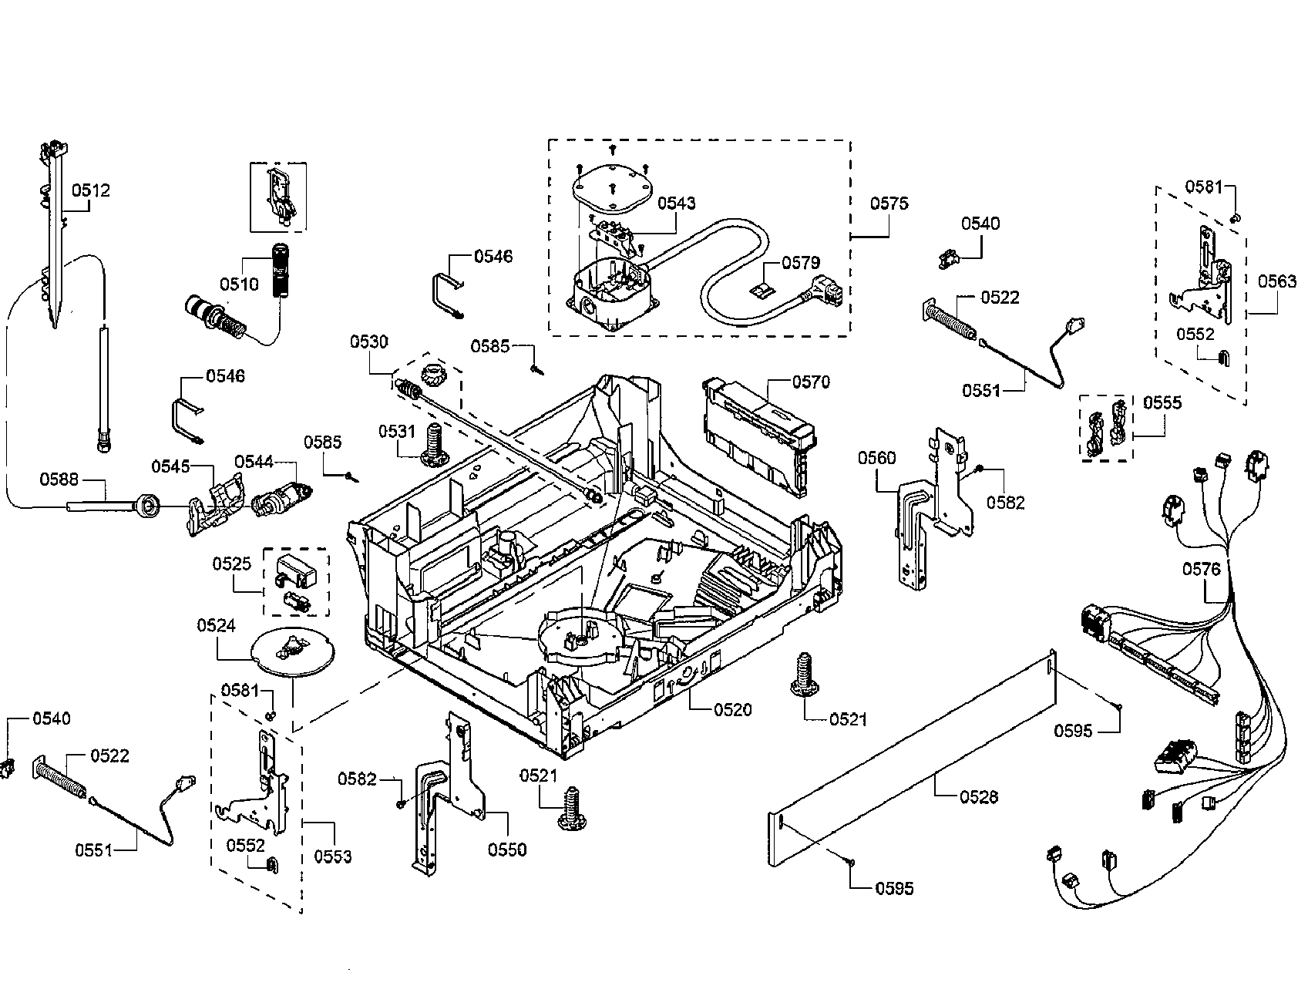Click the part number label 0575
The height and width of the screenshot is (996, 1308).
coord(889,204)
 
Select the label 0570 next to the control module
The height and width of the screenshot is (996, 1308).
coord(811,382)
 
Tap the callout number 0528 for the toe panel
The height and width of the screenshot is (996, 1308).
coord(979,796)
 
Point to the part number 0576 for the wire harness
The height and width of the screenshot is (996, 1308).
coord(1202,570)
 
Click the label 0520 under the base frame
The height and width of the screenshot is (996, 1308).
coord(732,710)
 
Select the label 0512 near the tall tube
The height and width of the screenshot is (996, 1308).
coord(91,190)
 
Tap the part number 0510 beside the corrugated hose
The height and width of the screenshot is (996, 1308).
coord(239,284)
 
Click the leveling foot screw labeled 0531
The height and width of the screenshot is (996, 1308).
coord(434,447)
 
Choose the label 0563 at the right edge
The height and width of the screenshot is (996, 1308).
coord(1277,281)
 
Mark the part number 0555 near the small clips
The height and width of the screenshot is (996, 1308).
coord(1162,402)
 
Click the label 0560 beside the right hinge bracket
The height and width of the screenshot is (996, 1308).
coord(877,459)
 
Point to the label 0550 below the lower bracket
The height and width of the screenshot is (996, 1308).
coord(507,850)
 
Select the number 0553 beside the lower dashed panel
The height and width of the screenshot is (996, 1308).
coord(333,856)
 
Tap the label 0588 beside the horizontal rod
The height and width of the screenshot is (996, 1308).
coord(59,479)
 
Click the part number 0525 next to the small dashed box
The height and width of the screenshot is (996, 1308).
coord(232,564)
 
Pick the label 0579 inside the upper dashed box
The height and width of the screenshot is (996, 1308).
coord(801,263)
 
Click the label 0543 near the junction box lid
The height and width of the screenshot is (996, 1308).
coord(676,203)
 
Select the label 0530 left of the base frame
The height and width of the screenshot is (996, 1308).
coord(369,342)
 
